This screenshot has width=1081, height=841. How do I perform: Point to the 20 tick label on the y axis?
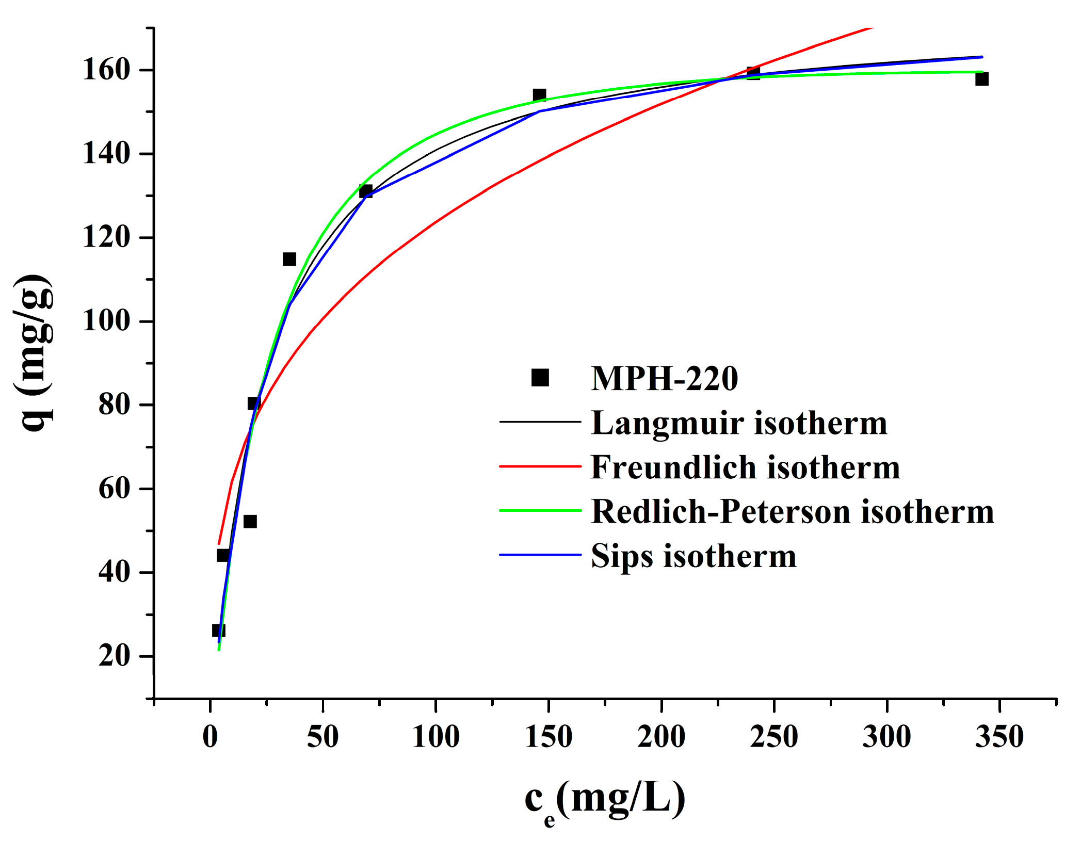pos(114,656)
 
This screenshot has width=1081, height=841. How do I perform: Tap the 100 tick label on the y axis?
pos(106,321)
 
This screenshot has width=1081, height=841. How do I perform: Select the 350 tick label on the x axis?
pos(999,736)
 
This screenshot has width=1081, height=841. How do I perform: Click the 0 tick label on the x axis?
pos(210,736)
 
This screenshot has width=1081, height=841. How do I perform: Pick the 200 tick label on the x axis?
pos(661,736)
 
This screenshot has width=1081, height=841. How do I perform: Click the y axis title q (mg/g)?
pos(34,353)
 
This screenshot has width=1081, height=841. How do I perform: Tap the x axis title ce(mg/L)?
pos(605,799)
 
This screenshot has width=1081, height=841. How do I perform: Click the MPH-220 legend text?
pos(664,379)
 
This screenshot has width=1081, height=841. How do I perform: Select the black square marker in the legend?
pos(540,378)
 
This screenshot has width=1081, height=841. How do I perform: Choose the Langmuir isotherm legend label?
pos(739,423)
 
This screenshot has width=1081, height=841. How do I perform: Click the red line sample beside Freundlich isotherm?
pos(540,466)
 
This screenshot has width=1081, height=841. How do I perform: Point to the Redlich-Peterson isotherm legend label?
pos(792,512)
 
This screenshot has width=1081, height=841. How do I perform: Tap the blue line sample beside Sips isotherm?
pos(540,555)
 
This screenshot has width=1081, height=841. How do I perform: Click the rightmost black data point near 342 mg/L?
pos(982,79)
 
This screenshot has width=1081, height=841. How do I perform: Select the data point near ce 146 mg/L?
pos(539,95)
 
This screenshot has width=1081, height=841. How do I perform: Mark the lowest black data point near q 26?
pos(218,630)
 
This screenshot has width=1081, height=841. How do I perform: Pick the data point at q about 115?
pos(289,259)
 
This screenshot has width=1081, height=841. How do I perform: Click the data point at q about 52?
pos(250,522)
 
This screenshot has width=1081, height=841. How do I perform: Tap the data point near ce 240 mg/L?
pos(753,73)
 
